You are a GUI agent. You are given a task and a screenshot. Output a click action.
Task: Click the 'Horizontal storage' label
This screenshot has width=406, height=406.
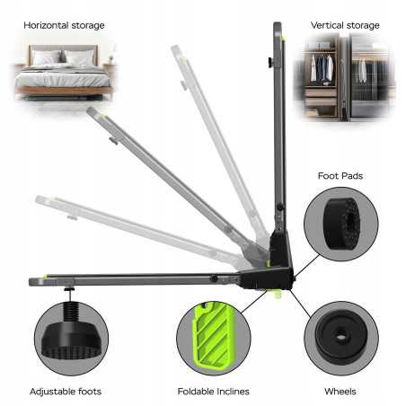tap(64, 25)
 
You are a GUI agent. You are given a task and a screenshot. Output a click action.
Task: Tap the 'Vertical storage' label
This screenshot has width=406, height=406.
tap(345, 25)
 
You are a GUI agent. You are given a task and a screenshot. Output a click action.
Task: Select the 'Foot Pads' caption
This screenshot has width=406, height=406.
tap(340, 176)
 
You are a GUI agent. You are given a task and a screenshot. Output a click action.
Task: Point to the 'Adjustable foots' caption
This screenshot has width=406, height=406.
tap(66, 392)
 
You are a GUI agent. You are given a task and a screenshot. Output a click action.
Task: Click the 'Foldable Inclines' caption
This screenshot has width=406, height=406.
tap(213, 392)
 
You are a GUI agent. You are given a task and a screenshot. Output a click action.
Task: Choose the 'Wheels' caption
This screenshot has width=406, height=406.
tap(340, 392)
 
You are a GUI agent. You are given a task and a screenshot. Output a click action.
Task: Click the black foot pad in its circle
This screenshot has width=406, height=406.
tap(342, 224)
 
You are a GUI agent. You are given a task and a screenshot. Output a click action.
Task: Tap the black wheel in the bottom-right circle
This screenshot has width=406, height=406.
tap(341, 337)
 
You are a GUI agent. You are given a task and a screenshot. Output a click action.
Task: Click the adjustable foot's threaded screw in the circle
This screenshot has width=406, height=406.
tap(72, 313)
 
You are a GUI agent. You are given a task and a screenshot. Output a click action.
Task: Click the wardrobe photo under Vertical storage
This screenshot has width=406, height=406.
tap(344, 78)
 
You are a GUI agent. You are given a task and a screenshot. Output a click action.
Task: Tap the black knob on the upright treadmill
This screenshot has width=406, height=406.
tap(270, 63)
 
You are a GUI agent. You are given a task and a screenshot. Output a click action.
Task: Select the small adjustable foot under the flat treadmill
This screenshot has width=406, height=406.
tap(70, 289)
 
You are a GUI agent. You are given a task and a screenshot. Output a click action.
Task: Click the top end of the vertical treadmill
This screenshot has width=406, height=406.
tap(278, 23)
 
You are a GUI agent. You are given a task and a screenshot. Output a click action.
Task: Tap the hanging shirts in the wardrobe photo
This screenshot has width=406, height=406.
tap(322, 68)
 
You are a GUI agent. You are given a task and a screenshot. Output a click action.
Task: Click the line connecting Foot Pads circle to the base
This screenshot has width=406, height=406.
tap(307, 266)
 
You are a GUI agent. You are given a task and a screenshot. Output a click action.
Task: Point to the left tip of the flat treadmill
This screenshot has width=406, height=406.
tap(31, 282)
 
